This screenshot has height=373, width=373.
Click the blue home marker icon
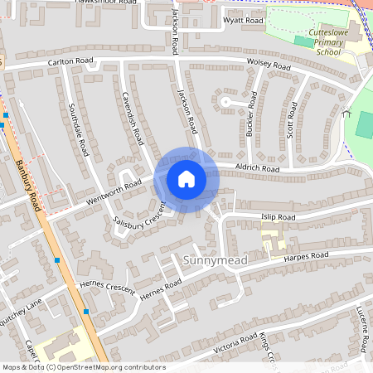[186, 178]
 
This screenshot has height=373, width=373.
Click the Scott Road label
[291, 119]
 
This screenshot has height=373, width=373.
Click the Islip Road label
[275, 217]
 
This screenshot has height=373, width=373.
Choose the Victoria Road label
[235, 342]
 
